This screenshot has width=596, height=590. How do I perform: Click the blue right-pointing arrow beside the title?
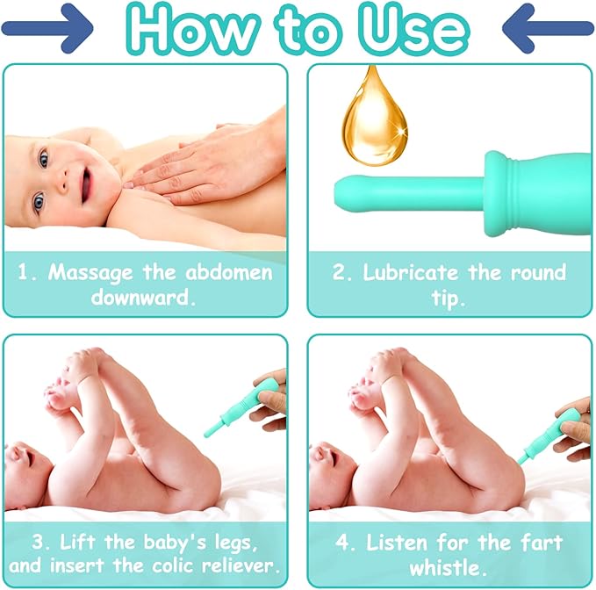point(47,28)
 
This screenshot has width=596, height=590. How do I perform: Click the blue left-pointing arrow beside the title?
point(548,28)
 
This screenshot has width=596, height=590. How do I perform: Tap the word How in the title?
point(192,29)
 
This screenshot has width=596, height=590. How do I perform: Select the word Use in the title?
point(414,29)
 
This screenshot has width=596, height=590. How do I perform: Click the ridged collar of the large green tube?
point(499,193)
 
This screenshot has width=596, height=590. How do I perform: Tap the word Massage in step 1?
point(90,273)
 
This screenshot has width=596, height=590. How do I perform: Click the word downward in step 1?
point(143,297)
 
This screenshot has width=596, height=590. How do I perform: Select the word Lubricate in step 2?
point(411,272)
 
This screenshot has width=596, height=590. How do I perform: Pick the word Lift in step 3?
point(77,542)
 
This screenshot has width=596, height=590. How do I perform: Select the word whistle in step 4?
point(448,567)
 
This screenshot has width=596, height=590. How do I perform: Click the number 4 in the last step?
point(342,543)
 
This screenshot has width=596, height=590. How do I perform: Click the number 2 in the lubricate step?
point(339,272)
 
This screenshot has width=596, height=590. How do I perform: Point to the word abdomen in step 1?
point(229,272)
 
